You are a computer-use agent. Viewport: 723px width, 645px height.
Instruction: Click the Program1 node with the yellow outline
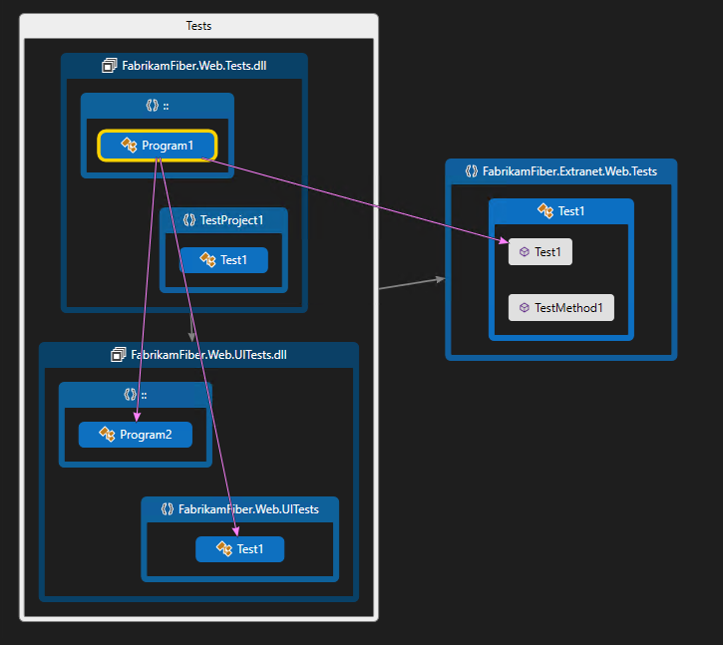(158, 146)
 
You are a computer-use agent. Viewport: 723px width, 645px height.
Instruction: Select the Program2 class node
(136, 435)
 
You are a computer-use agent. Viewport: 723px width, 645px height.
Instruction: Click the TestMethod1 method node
(560, 307)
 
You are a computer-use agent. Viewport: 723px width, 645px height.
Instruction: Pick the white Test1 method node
(540, 252)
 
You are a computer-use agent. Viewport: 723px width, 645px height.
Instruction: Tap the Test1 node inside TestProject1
(223, 260)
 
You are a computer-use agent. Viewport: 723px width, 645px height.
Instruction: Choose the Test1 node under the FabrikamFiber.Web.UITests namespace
(239, 549)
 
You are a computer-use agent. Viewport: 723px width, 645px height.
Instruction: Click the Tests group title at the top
(198, 26)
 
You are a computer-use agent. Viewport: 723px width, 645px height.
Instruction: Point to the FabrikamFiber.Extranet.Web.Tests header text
(569, 171)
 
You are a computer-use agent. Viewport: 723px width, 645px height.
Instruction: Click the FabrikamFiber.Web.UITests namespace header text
(248, 509)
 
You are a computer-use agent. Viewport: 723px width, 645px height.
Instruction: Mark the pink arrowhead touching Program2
(138, 417)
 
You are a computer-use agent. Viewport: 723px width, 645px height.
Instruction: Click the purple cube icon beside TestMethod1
(525, 308)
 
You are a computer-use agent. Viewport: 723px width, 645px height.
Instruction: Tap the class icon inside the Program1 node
(129, 146)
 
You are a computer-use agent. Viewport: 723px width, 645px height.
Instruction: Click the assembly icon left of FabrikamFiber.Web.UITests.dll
(118, 355)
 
